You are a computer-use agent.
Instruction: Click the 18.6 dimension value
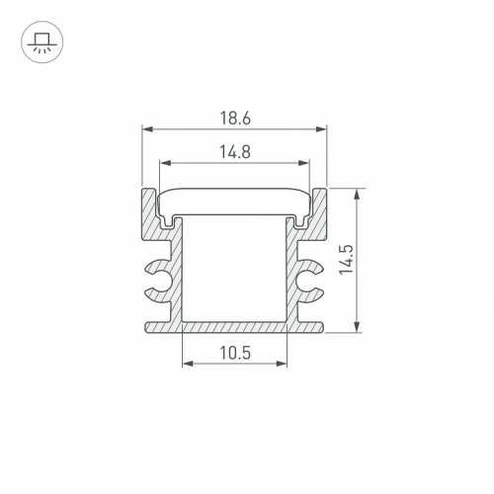pyautogui.click(x=234, y=117)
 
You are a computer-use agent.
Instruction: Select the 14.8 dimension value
pyautogui.click(x=234, y=151)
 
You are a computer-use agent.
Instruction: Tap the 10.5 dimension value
pyautogui.click(x=234, y=354)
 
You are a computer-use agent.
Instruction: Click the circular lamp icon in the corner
pyautogui.click(x=40, y=41)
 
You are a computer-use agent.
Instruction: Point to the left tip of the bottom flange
pyautogui.click(x=147, y=327)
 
